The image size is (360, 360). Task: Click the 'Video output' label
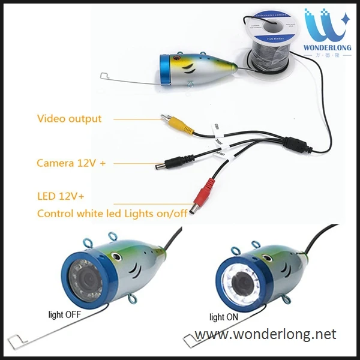click(x=69, y=119)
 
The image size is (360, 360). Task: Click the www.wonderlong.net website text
click(x=266, y=334)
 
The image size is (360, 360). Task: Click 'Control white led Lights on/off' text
click(x=111, y=213)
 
